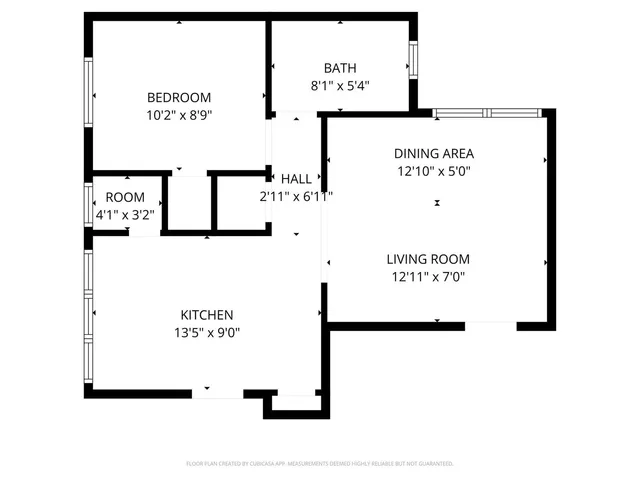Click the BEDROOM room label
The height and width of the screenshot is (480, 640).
(179, 97)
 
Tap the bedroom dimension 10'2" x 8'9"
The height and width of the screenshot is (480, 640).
(179, 115)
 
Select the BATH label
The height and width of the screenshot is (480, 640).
(339, 68)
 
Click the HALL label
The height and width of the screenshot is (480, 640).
(296, 178)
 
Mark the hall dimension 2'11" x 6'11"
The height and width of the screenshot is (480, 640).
(296, 196)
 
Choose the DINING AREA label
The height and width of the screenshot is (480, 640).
(433, 153)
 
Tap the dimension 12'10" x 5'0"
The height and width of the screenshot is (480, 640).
(433, 171)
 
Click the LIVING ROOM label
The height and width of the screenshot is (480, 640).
(428, 259)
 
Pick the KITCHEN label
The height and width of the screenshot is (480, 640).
(207, 314)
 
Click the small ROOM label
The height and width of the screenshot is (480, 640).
(125, 197)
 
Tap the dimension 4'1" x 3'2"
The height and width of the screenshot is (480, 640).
(125, 214)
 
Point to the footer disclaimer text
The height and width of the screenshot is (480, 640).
(320, 464)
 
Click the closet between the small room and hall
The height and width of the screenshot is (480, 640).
(188, 204)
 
